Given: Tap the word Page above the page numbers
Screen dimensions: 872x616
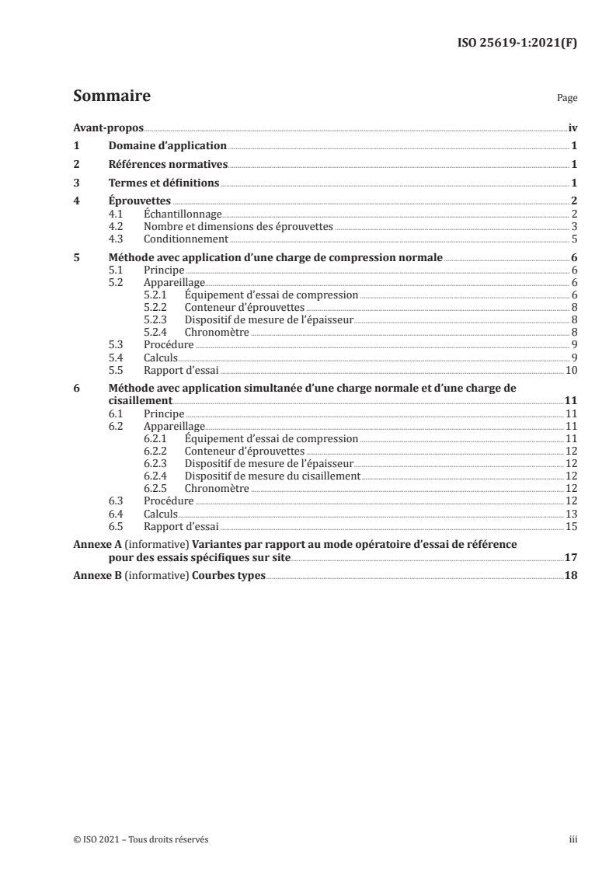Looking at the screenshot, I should (567, 99).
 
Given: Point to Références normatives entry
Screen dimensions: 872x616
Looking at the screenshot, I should (168, 165).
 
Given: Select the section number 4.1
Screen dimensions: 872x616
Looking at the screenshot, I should (117, 214).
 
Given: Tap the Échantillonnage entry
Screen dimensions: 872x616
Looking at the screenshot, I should (183, 214).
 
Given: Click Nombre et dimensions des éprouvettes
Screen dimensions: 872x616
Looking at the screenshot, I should (238, 226).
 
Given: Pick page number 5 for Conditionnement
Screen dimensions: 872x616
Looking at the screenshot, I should (573, 239).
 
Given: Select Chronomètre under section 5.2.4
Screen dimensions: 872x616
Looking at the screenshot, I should (217, 332).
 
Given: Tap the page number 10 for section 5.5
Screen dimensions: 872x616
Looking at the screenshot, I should (571, 369).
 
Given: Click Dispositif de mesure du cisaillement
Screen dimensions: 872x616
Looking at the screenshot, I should (272, 476).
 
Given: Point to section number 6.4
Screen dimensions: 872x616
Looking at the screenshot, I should (117, 514).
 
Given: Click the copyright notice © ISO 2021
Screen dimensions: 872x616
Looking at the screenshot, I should (141, 840).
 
